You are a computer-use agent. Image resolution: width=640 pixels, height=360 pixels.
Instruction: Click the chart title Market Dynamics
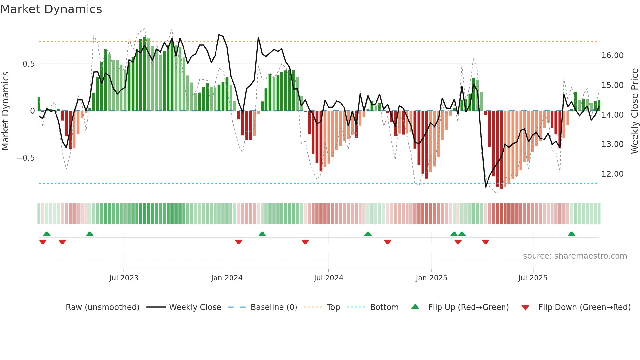51,9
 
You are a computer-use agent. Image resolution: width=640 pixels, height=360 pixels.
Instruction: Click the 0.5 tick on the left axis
28,64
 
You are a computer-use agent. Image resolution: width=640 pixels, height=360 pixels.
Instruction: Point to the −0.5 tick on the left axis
25,158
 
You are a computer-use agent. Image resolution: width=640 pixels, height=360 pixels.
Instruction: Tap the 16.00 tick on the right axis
612,56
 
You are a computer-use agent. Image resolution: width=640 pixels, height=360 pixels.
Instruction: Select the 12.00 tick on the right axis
612,174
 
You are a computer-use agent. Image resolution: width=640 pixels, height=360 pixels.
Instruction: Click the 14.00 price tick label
612,115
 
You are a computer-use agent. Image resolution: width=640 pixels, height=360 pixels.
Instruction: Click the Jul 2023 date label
124,278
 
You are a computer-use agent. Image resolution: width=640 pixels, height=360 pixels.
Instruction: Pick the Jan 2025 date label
431,278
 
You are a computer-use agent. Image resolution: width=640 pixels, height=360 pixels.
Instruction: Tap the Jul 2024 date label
328,278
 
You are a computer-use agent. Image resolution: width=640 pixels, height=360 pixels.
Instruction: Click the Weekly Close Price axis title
634,111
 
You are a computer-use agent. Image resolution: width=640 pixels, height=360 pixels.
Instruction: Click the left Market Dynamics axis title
5,111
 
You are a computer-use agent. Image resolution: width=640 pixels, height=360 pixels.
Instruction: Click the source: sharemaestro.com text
575,256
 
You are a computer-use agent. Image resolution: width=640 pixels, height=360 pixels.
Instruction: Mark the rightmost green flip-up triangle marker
571,234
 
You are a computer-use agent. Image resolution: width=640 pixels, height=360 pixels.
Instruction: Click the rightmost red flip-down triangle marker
485,242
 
